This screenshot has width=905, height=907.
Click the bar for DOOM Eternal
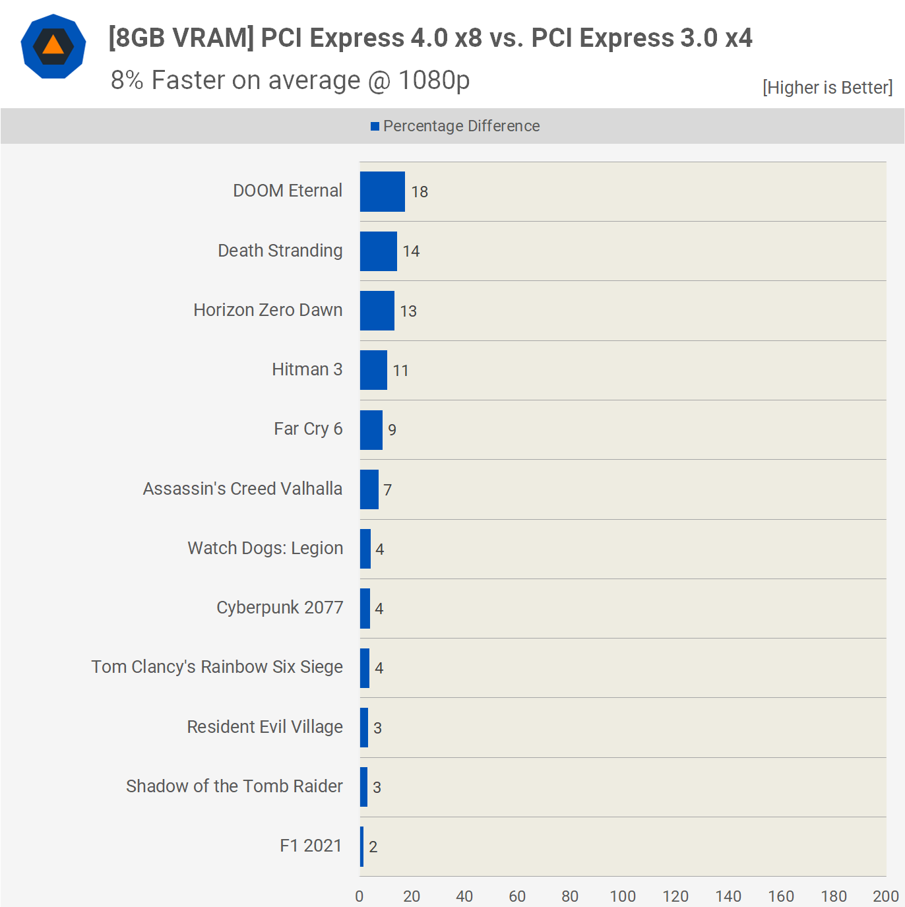point(382,192)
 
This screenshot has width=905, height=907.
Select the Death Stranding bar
point(378,251)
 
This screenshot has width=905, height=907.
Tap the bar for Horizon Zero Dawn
point(377,311)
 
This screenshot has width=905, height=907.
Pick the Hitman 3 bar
point(373,370)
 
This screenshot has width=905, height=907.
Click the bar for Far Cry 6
point(371,430)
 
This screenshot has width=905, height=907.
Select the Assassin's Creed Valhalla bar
point(369,489)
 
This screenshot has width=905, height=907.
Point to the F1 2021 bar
point(361,846)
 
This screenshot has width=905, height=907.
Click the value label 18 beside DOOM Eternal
point(420,192)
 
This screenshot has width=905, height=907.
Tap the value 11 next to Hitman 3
point(400,371)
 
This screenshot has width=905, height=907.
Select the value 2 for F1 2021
point(373,847)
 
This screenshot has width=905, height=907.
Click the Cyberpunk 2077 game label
point(280,608)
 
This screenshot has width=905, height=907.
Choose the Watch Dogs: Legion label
point(265,548)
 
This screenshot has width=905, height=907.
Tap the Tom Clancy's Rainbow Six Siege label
point(217,667)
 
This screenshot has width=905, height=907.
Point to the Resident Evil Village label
point(265,727)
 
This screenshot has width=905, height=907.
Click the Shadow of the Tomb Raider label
point(234,786)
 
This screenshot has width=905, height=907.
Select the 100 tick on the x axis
point(623,896)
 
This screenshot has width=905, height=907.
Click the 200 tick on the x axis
point(885,896)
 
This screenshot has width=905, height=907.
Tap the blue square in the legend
point(375,126)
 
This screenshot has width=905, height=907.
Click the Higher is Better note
point(827,88)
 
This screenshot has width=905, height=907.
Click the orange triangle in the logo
point(53,46)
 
